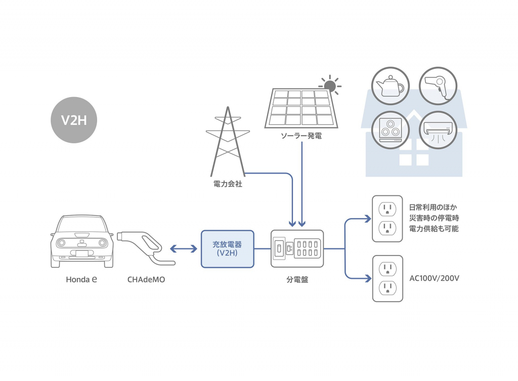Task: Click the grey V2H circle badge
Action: tap(74, 120)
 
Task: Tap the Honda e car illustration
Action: tap(81, 241)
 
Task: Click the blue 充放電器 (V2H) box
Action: tap(227, 248)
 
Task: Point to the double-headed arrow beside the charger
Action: tap(183, 248)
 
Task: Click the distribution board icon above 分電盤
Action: tap(297, 248)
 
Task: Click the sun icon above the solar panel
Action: tap(330, 84)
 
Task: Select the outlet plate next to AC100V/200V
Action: tap(387, 279)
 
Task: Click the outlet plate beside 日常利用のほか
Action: tap(387, 219)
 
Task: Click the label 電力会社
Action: tap(228, 184)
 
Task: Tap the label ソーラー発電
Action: tap(301, 136)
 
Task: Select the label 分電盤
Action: tap(297, 279)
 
